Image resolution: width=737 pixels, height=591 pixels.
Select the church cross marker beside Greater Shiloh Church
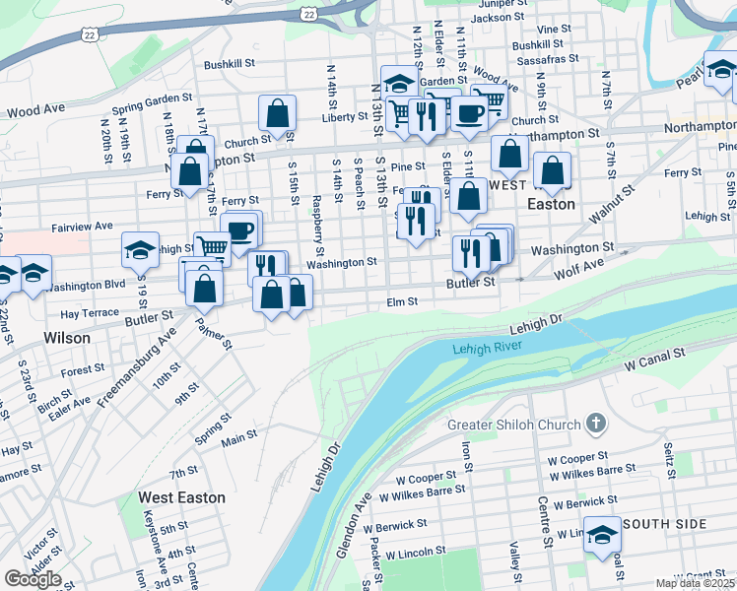pos(594,425)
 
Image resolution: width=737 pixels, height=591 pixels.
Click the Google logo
pos(32,579)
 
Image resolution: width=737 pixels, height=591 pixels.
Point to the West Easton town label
pos(181,497)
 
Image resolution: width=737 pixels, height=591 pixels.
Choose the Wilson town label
pos(67,338)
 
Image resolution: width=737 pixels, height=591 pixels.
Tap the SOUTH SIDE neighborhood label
pos(664,524)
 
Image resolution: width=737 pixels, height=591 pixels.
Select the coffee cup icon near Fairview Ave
pos(241,230)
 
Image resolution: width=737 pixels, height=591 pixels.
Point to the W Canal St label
pos(654,359)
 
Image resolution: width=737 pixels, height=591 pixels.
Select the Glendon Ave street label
pos(352,526)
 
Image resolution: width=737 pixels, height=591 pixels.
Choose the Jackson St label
pos(495,18)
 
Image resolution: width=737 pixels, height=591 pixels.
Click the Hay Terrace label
pos(90,312)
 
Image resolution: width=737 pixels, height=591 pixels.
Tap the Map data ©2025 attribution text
pos(696,583)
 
